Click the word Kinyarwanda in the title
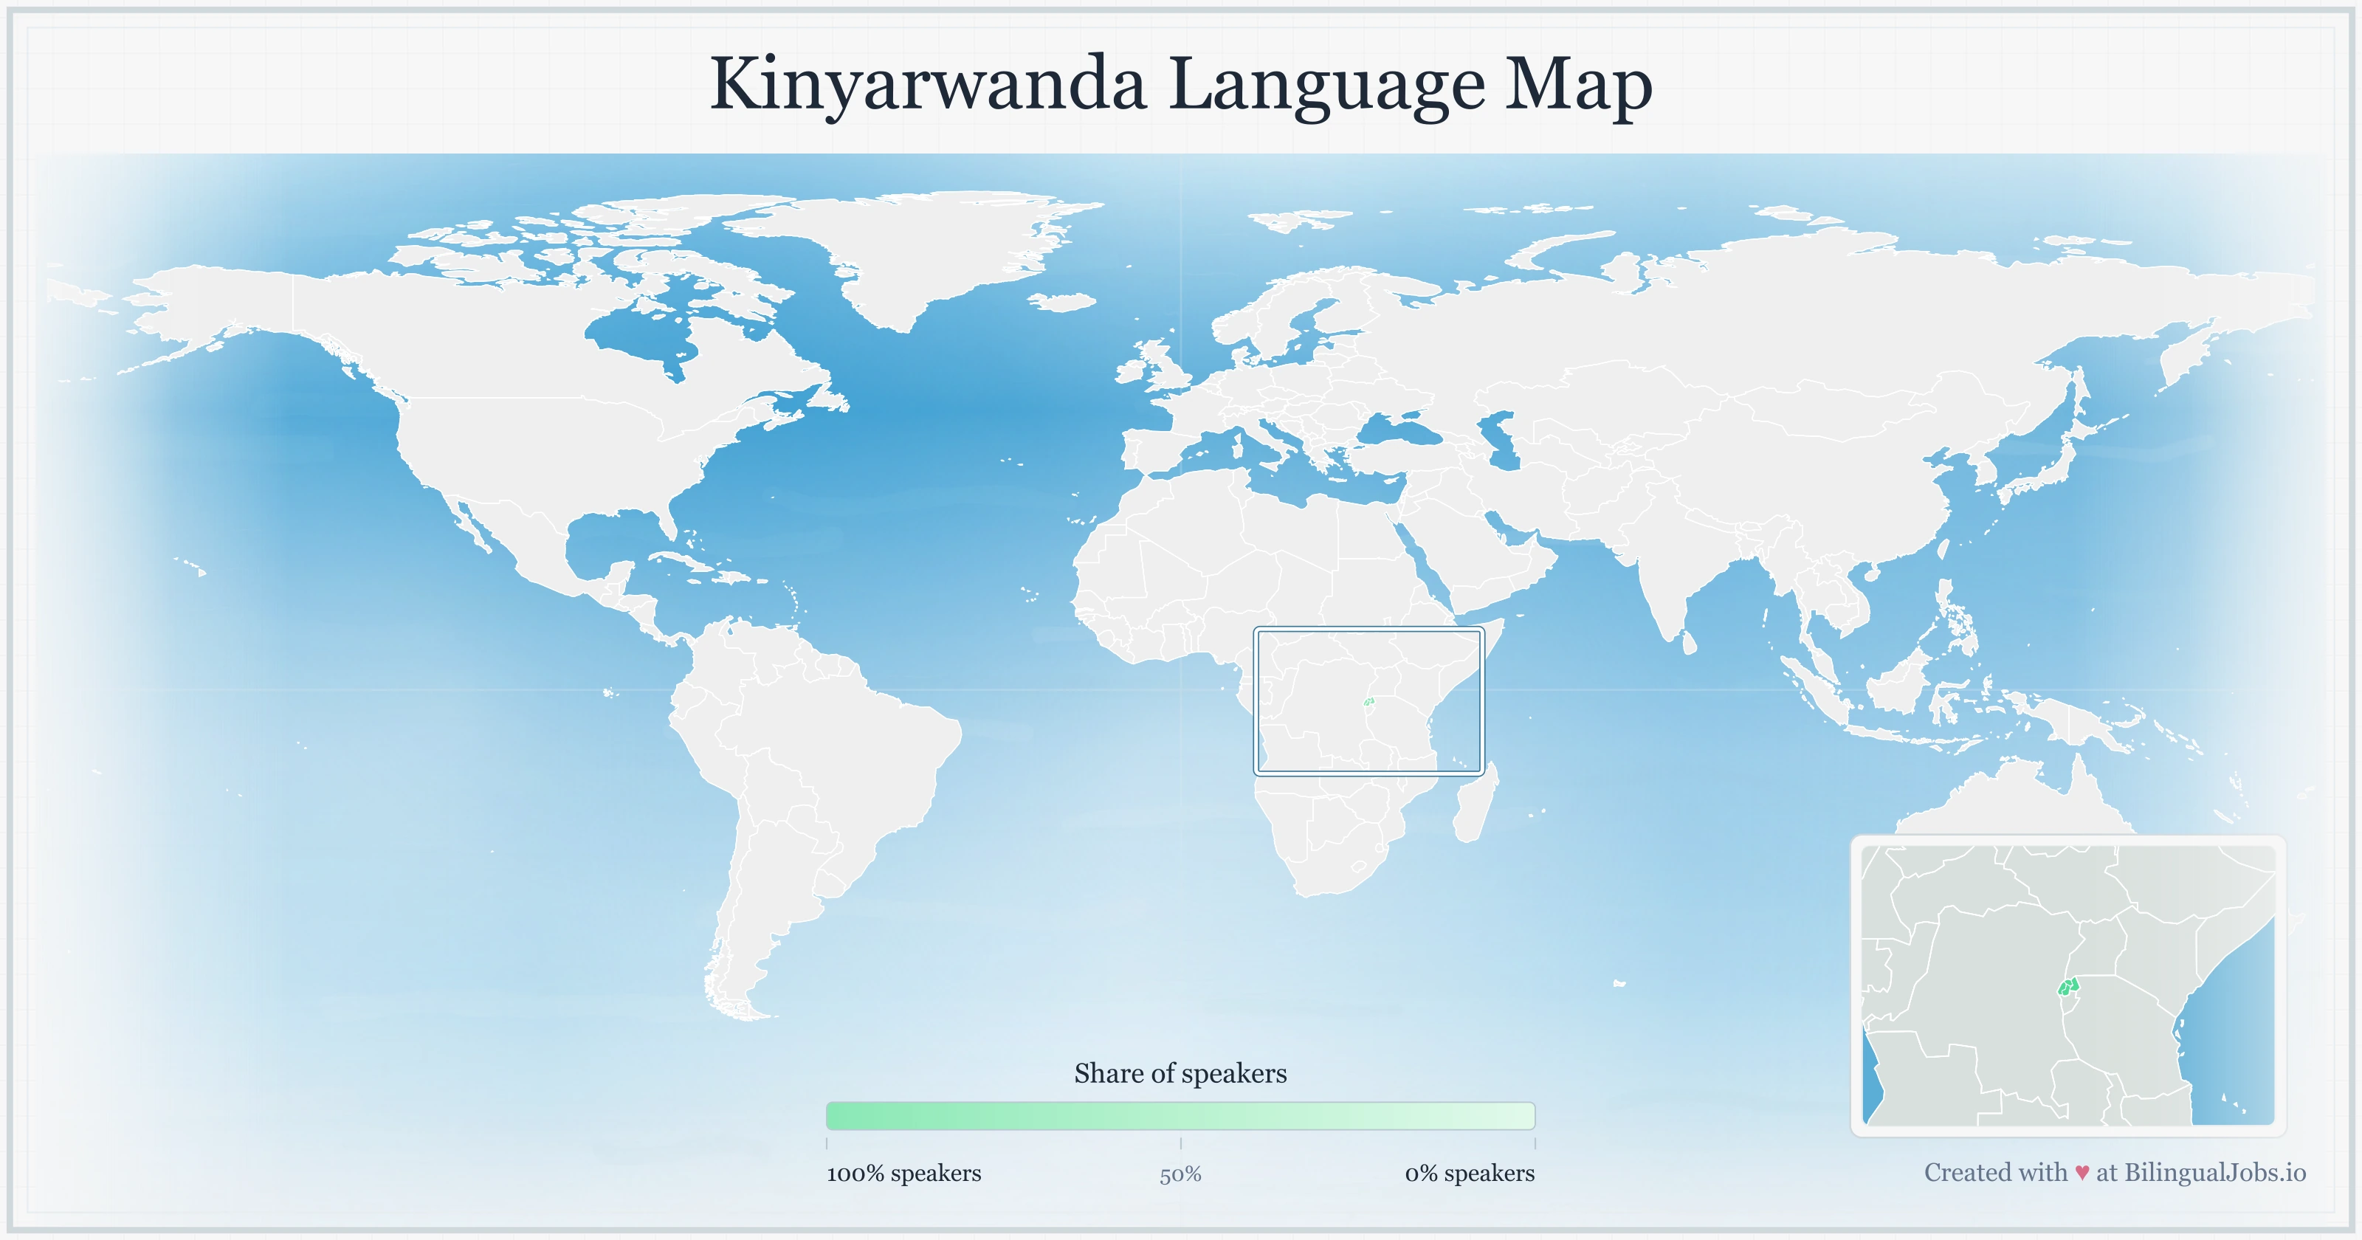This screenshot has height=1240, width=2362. (x=927, y=84)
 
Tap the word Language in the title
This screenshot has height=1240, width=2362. (x=1327, y=84)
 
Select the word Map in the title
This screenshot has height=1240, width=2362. (x=1578, y=84)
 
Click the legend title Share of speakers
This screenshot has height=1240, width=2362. (x=1180, y=1073)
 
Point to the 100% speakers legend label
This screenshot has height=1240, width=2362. (x=903, y=1173)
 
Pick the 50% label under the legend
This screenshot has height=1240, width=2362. (x=1180, y=1174)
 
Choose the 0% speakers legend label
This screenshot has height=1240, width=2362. (x=1469, y=1173)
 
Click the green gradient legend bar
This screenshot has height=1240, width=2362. (x=1180, y=1115)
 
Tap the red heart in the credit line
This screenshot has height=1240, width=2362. (x=2082, y=1173)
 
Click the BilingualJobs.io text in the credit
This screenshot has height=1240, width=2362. (x=2214, y=1172)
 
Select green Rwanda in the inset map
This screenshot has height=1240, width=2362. (x=2067, y=987)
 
